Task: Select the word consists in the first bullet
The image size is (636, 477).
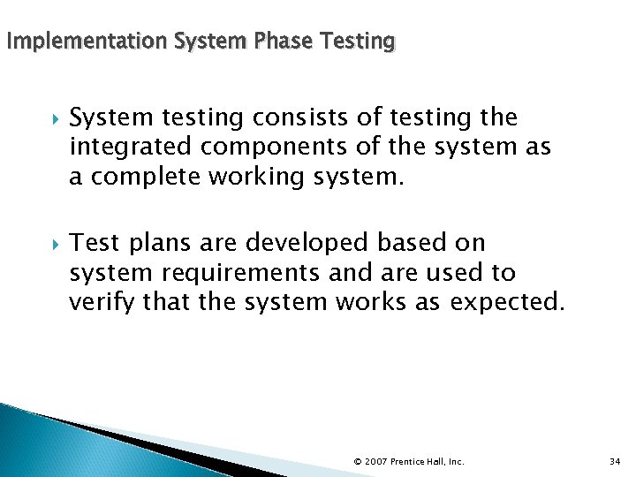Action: click(x=288, y=117)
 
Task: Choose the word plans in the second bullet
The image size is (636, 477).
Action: click(x=157, y=243)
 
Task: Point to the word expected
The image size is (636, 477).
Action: click(x=506, y=302)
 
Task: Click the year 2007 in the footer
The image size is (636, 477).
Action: click(x=375, y=461)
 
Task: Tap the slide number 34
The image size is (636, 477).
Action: click(x=616, y=461)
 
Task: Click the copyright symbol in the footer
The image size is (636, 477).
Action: click(x=357, y=461)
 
